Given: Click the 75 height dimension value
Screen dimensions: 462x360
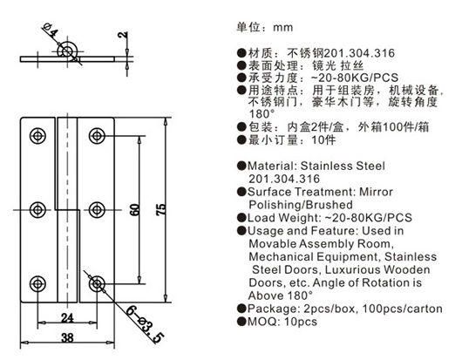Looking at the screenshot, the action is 161,209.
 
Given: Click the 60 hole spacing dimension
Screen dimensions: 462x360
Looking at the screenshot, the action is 134,209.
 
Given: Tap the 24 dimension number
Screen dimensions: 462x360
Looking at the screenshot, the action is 67,318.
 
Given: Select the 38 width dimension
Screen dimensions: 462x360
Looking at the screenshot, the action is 67,337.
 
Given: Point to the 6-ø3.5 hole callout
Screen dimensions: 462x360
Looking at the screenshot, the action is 145,324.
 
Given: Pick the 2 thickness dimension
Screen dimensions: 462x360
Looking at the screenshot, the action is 123,35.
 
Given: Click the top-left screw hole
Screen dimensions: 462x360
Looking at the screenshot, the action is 37,136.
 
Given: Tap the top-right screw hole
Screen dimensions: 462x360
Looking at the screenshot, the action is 97,136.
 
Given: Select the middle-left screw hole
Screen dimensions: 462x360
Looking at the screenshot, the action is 37,210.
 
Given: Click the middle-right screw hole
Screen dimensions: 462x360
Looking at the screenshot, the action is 97,210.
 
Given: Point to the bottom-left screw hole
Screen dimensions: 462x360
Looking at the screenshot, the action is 37,284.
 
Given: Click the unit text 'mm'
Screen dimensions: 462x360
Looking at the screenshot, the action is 282,28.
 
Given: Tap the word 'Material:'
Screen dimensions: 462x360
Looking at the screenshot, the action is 273,166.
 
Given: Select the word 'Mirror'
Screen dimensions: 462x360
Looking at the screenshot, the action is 376,192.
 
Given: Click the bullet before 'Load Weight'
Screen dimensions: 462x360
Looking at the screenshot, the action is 241,218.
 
